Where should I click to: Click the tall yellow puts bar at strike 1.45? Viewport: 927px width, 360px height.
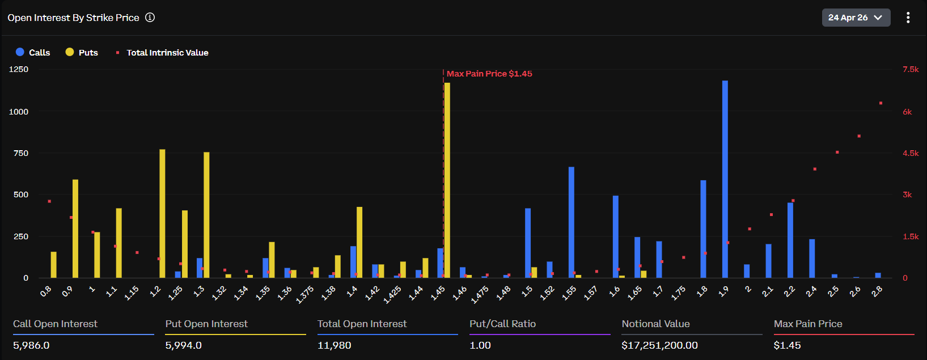[447, 181]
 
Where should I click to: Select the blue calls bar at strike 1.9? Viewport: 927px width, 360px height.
[725, 181]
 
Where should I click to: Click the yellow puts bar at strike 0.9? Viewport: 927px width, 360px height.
[75, 229]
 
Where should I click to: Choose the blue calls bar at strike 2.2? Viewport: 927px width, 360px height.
[790, 240]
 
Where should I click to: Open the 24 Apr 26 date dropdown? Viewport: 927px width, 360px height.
[856, 18]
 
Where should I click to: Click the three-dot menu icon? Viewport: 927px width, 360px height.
[908, 18]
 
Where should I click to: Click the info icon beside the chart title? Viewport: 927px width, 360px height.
[150, 18]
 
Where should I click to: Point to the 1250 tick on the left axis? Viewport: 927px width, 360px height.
[19, 69]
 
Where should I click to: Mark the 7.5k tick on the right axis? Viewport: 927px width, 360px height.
[911, 69]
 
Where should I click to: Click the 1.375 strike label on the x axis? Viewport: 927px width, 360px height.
[305, 294]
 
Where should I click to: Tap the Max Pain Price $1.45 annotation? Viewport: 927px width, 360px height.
[489, 74]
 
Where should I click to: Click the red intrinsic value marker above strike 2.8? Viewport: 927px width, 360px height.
[881, 103]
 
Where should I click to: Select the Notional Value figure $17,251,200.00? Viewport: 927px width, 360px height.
[659, 345]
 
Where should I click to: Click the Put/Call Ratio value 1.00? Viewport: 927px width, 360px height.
[480, 345]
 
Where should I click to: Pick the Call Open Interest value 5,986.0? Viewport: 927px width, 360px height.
[31, 345]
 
